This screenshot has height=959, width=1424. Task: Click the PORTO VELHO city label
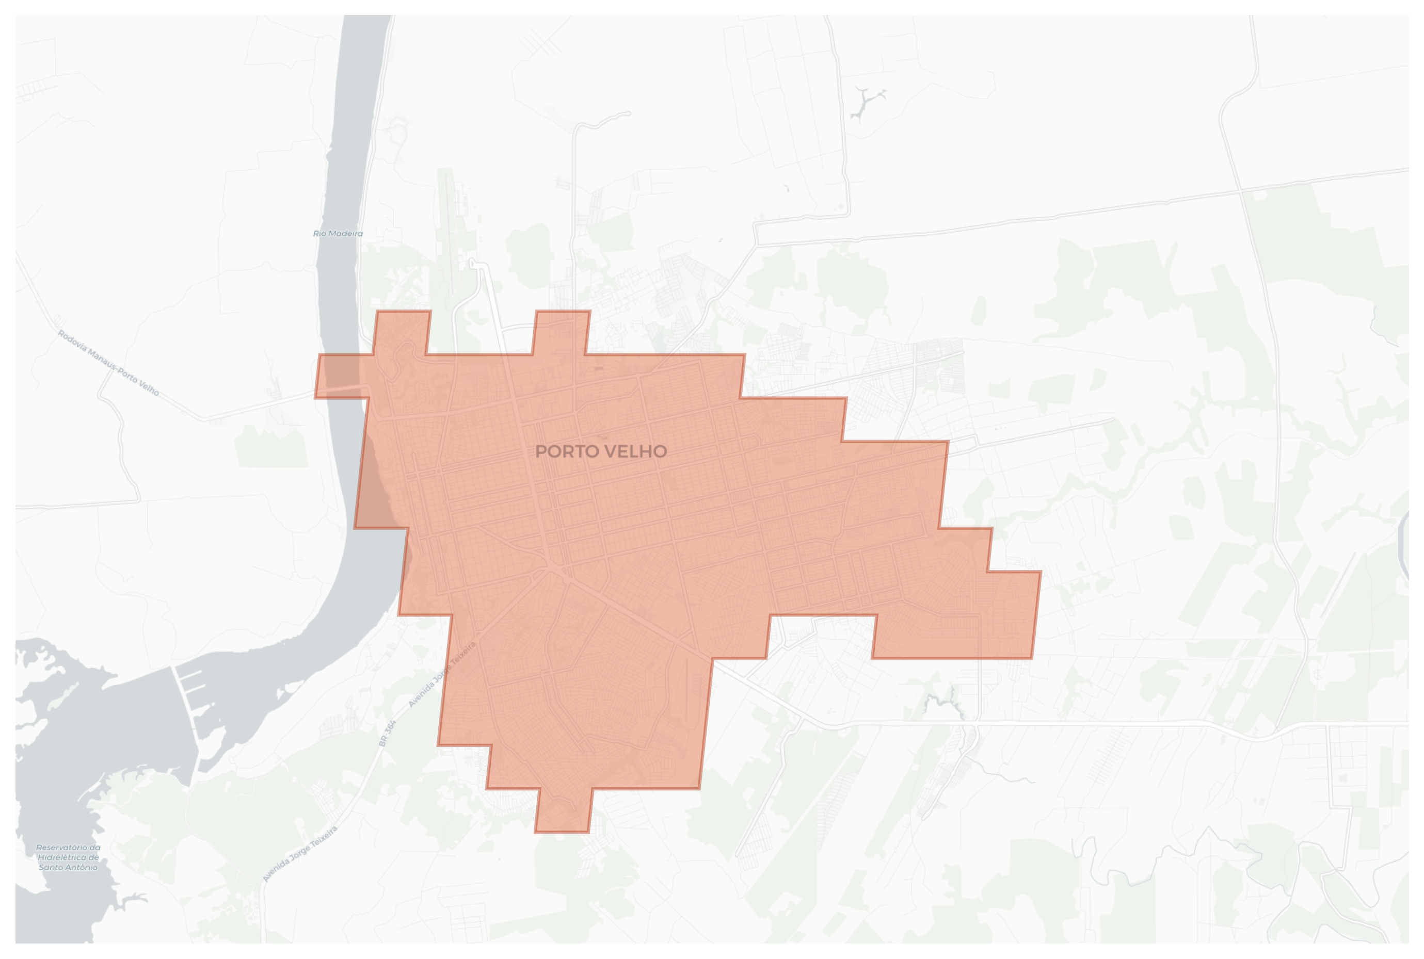click(600, 451)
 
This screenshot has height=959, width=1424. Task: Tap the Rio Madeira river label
click(338, 234)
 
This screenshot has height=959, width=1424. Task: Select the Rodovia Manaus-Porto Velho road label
click(108, 363)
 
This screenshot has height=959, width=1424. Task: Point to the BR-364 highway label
click(388, 733)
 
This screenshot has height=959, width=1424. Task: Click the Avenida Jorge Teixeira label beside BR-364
click(442, 675)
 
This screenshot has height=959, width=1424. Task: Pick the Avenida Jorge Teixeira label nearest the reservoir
click(300, 854)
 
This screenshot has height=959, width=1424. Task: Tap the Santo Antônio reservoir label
click(68, 857)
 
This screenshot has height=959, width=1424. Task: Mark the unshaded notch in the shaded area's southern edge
click(821, 637)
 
